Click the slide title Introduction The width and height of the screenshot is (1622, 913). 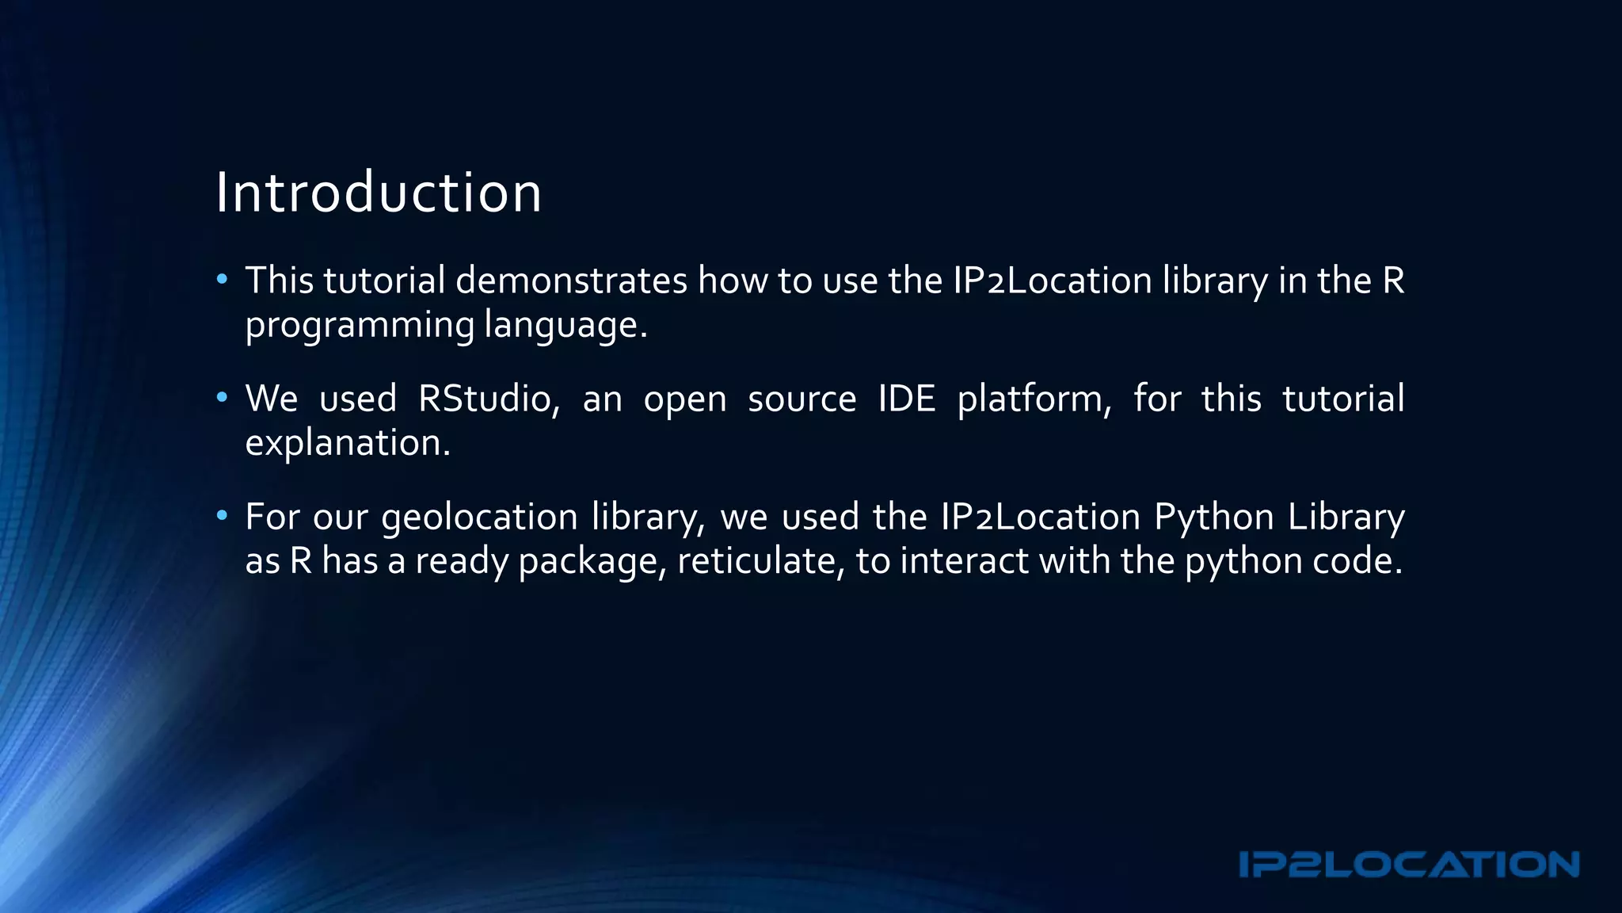pyautogui.click(x=379, y=193)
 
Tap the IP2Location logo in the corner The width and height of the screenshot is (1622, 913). pyautogui.click(x=1409, y=865)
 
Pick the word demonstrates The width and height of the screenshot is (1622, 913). pyautogui.click(x=571, y=281)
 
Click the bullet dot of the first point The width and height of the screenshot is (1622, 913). pyautogui.click(x=223, y=280)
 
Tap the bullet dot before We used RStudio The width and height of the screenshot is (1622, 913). pyautogui.click(x=223, y=397)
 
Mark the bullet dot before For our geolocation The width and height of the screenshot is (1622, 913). pyautogui.click(x=223, y=516)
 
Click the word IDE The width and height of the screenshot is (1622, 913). pyautogui.click(x=907, y=398)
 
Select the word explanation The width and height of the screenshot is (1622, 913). pyautogui.click(x=348, y=442)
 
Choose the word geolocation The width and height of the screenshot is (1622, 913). pyautogui.click(x=480, y=517)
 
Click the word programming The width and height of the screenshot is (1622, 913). pyautogui.click(x=360, y=325)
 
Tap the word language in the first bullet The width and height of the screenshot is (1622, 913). pyautogui.click(x=565, y=325)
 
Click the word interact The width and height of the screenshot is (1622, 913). pyautogui.click(x=964, y=560)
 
